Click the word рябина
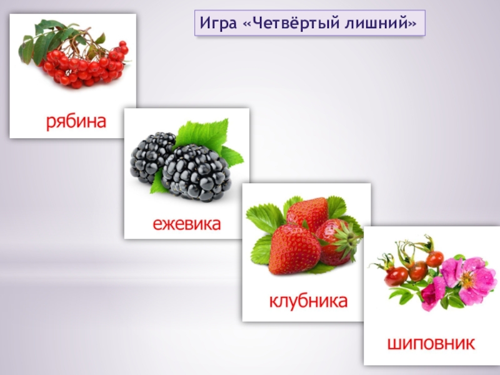[x=76, y=121]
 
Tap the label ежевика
[x=187, y=223]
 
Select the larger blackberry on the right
[x=196, y=172]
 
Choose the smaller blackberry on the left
[x=152, y=156]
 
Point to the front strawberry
[x=294, y=249]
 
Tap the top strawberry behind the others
[x=307, y=212]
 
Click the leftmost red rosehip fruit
[x=396, y=276]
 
